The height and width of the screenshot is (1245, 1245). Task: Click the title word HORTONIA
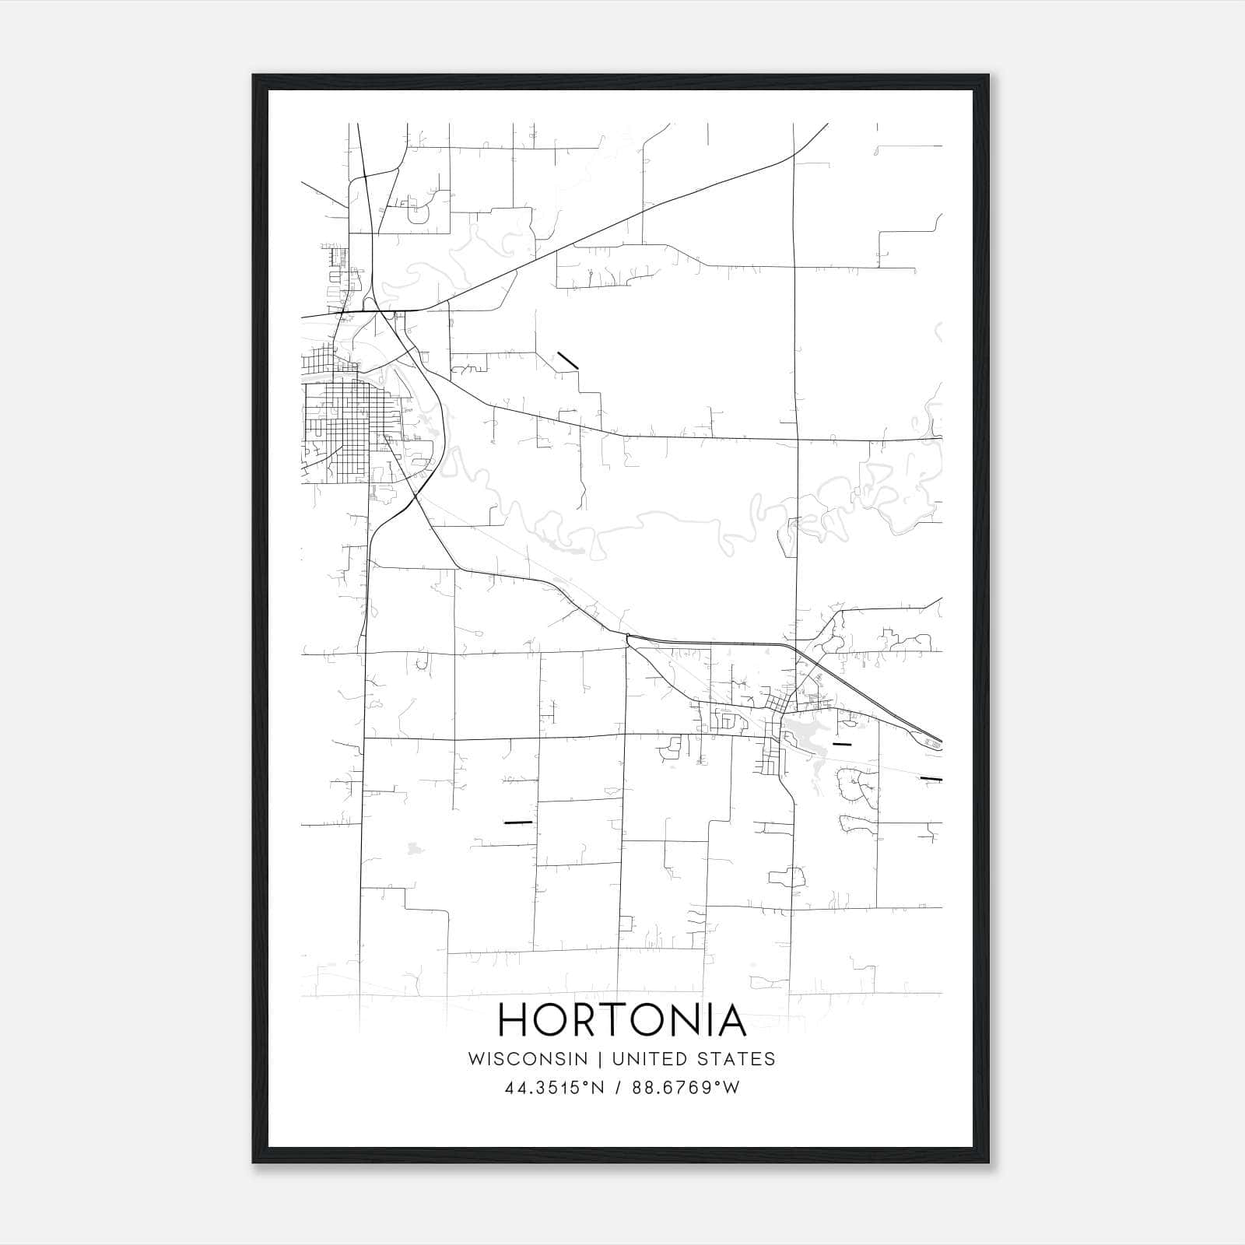[x=622, y=1020]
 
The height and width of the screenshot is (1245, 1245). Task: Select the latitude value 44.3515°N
[x=555, y=1088]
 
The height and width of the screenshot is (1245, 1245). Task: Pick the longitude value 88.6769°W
[x=686, y=1088]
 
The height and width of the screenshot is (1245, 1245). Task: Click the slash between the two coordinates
[x=619, y=1088]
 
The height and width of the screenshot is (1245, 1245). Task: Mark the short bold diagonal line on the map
[x=567, y=360]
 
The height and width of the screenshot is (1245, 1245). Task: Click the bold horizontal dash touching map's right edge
[x=931, y=778]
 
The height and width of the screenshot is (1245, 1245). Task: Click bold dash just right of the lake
[x=842, y=745]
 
